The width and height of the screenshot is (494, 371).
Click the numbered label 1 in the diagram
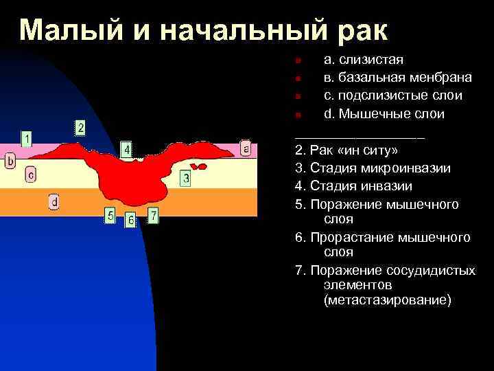pyautogui.click(x=26, y=139)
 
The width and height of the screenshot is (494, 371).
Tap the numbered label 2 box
pyautogui.click(x=80, y=127)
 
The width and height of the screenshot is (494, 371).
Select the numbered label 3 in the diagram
pyautogui.click(x=186, y=179)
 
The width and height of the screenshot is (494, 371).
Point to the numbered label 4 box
pyautogui.click(x=127, y=149)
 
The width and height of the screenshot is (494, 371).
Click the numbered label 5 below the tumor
pyautogui.click(x=110, y=216)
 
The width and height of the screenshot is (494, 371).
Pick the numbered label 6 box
pyautogui.click(x=130, y=221)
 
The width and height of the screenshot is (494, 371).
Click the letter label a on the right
pyautogui.click(x=246, y=148)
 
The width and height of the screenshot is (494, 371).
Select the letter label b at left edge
pyautogui.click(x=10, y=161)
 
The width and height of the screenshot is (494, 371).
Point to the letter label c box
pyautogui.click(x=31, y=175)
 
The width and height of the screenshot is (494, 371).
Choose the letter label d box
pyautogui.click(x=54, y=201)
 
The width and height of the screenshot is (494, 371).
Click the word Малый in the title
pyautogui.click(x=64, y=30)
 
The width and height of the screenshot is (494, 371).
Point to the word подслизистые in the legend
pyautogui.click(x=383, y=95)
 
